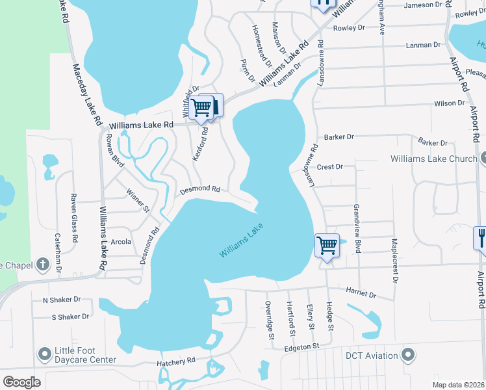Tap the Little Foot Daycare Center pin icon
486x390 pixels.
45,354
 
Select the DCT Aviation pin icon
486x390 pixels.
408,355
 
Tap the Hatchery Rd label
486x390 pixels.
175,361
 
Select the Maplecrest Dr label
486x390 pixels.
394,260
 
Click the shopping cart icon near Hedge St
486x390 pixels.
327,246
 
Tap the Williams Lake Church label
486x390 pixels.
433,159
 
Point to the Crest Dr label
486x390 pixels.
329,167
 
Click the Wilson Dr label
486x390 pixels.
450,103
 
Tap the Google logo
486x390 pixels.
21,382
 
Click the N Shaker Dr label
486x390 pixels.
62,300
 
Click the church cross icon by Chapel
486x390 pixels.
43,265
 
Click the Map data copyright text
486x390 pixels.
458,385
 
